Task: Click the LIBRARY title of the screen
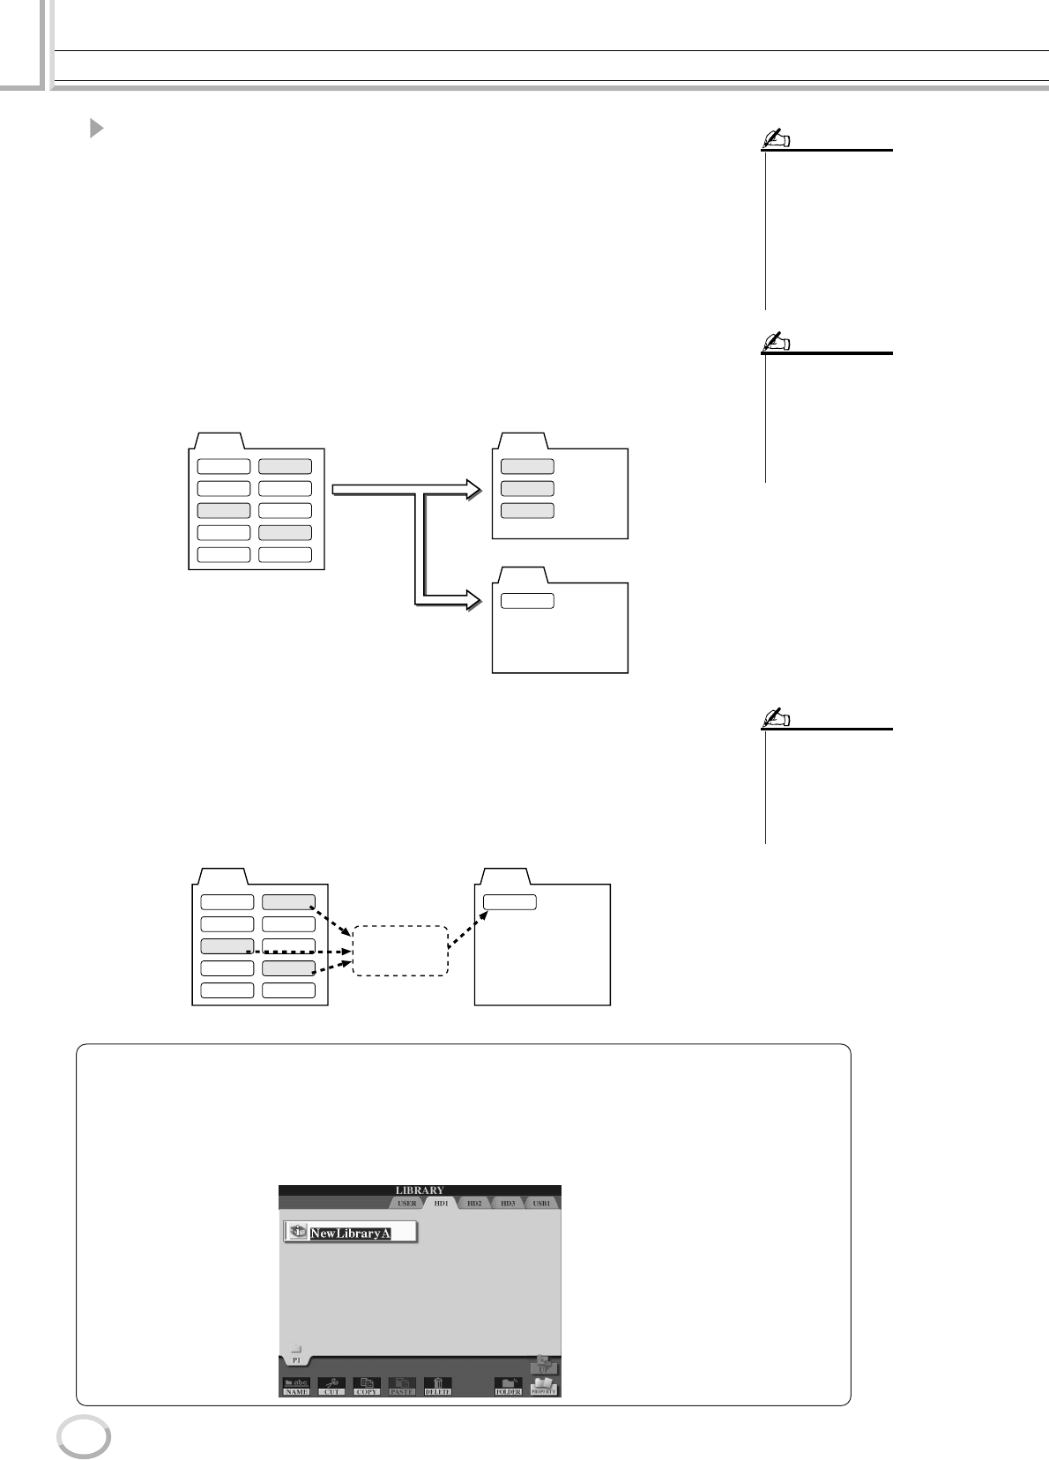(x=420, y=1190)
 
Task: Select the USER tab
(x=406, y=1203)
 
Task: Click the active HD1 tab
(x=441, y=1203)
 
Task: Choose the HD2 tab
(x=474, y=1203)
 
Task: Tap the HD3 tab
(x=508, y=1203)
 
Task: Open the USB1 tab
(x=541, y=1203)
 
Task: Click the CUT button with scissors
(x=331, y=1386)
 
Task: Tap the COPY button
(x=367, y=1386)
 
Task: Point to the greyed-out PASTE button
(x=402, y=1386)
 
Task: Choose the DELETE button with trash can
(x=437, y=1386)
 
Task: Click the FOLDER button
(x=508, y=1387)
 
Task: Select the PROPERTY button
(x=544, y=1386)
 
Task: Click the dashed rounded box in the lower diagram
(x=400, y=951)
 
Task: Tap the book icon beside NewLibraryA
(x=298, y=1232)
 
